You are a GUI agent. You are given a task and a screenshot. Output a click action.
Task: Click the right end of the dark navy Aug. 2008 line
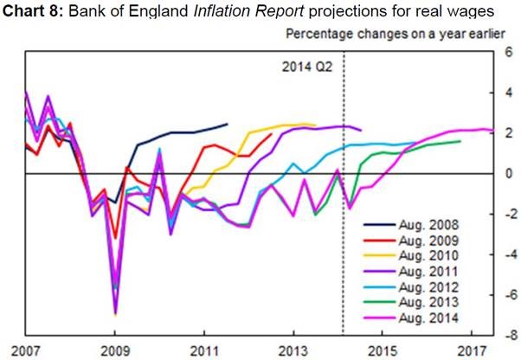[x=228, y=125]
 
